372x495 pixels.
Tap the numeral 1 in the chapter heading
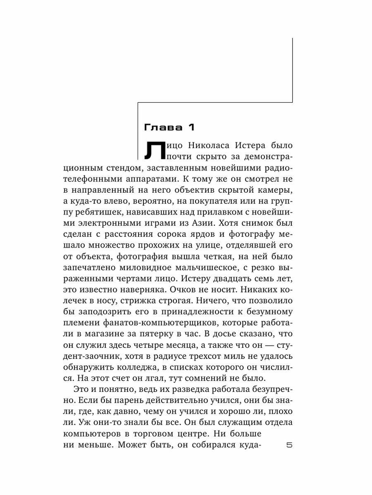(191, 127)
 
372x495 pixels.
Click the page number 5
(289, 445)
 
